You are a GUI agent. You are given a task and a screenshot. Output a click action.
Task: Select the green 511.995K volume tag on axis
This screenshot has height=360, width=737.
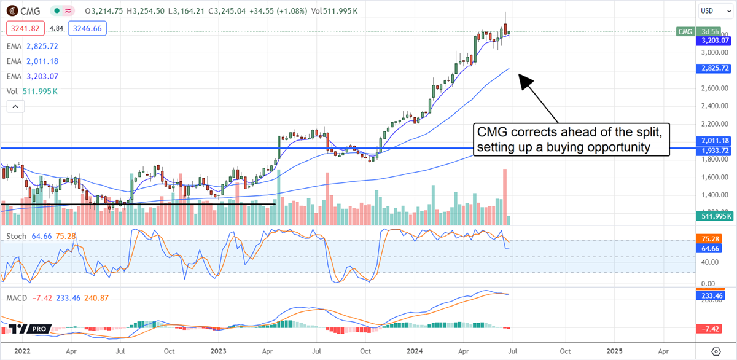click(715, 216)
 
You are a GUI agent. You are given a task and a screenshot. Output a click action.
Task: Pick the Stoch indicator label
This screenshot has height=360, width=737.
click(17, 237)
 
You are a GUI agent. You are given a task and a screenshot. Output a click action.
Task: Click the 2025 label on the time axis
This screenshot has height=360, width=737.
click(614, 351)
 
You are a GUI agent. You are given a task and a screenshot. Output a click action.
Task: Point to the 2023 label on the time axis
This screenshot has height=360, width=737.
click(221, 351)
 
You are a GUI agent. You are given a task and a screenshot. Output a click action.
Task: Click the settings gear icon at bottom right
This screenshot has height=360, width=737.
click(715, 351)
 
